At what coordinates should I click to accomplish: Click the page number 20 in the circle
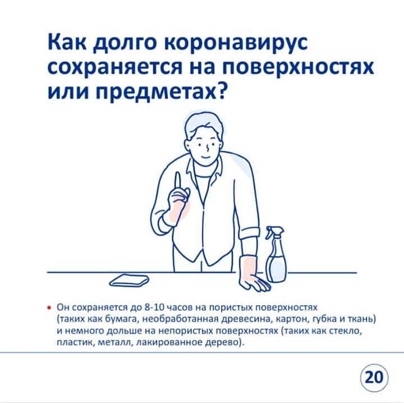point(374,378)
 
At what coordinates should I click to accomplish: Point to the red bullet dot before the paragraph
point(48,308)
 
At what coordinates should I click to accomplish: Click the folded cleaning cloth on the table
point(130,280)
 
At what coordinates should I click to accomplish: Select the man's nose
point(208,148)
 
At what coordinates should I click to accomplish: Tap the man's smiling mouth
point(205,157)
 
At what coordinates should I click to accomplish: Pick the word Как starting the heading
point(67,43)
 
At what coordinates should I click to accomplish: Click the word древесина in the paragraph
point(247,319)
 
